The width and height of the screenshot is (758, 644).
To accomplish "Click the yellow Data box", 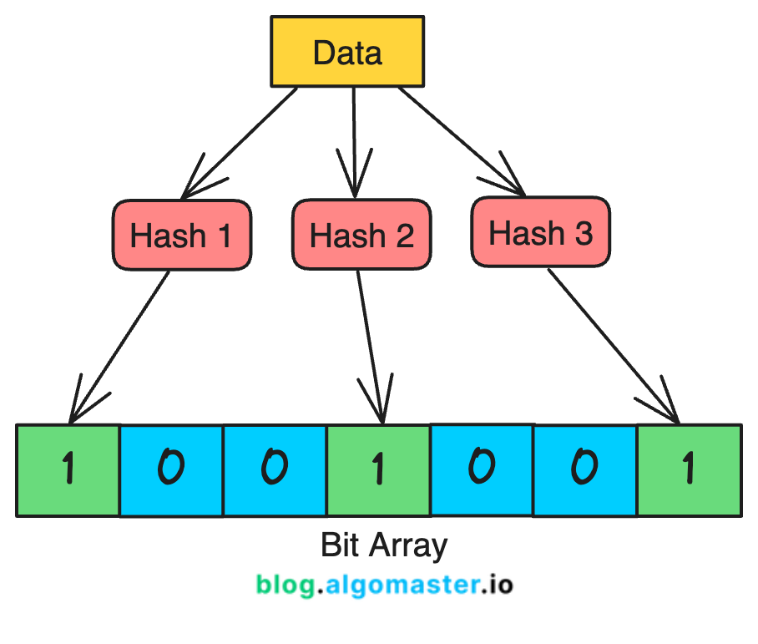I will [347, 52].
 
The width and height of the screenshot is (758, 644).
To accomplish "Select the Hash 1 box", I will [181, 235].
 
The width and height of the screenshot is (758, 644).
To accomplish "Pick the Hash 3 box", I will [540, 233].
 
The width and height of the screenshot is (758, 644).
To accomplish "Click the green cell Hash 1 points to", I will [68, 470].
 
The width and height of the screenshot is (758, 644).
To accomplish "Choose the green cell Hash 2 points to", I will [378, 470].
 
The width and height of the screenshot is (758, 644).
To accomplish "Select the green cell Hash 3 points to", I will [689, 470].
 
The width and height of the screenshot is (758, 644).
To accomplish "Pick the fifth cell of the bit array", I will [481, 469].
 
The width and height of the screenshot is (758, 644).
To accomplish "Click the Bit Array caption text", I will [384, 545].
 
